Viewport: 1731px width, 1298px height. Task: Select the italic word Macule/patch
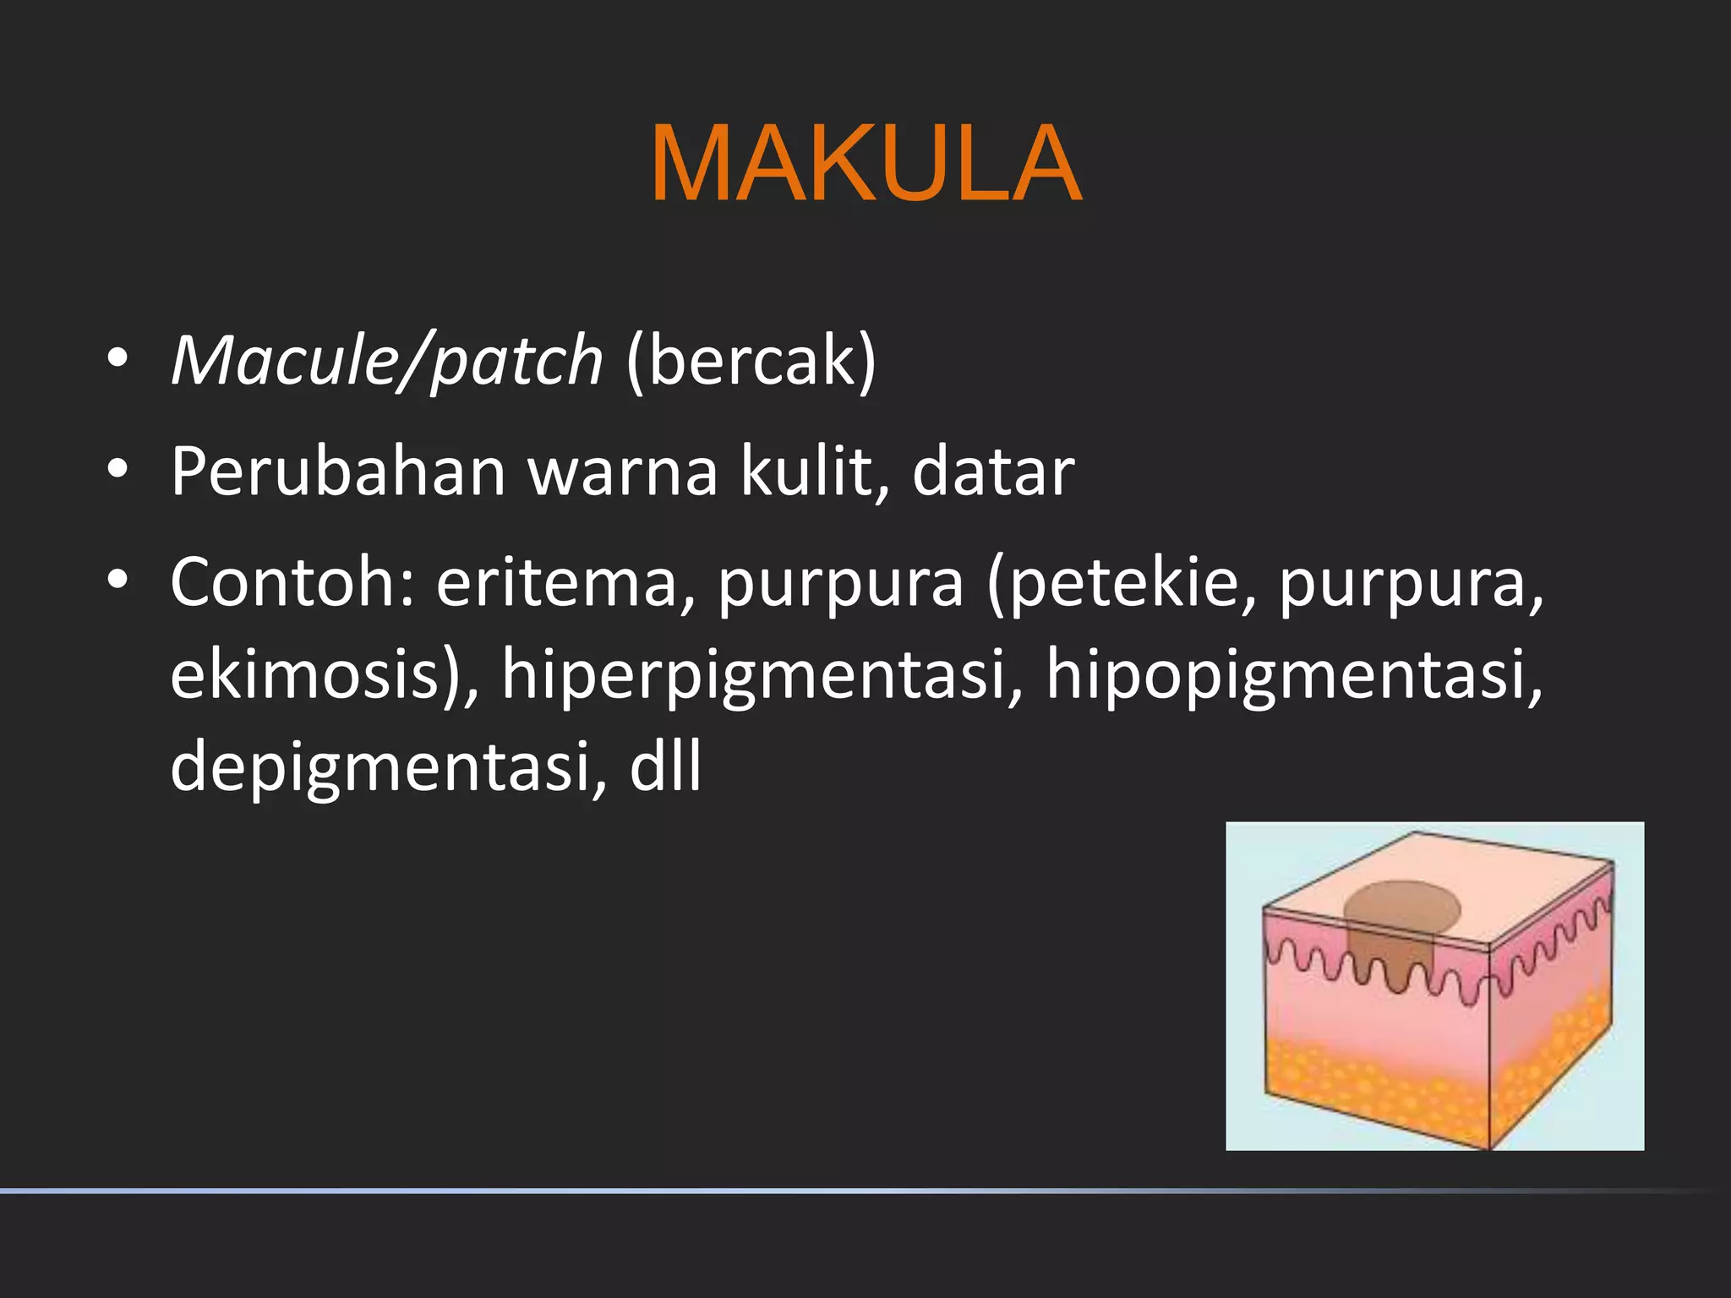[387, 361]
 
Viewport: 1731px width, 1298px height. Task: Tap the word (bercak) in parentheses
[751, 361]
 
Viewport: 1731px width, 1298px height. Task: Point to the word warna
[624, 473]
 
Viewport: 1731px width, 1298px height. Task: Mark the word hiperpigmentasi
[762, 676]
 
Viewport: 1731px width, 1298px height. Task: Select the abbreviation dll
[665, 766]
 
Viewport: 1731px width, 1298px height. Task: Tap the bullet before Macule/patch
[117, 359]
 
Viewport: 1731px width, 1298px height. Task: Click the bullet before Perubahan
[117, 470]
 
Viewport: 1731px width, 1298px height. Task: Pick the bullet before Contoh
[117, 580]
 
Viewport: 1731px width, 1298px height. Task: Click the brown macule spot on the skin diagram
[1401, 908]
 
